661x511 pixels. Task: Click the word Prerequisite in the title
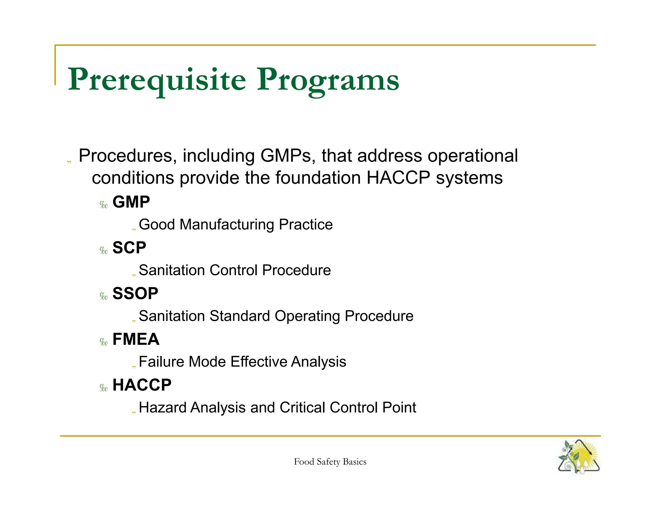click(x=157, y=80)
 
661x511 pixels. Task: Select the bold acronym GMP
click(x=131, y=202)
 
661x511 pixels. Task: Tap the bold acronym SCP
click(x=129, y=248)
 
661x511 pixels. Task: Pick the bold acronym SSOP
click(x=135, y=294)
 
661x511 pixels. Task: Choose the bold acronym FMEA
click(x=136, y=339)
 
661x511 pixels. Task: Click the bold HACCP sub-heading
click(x=142, y=385)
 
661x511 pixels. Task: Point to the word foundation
click(x=318, y=178)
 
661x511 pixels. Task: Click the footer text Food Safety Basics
click(x=330, y=462)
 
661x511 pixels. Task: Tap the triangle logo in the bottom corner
click(x=579, y=457)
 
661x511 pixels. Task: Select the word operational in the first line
click(x=473, y=156)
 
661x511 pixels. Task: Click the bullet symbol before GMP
click(x=104, y=205)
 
